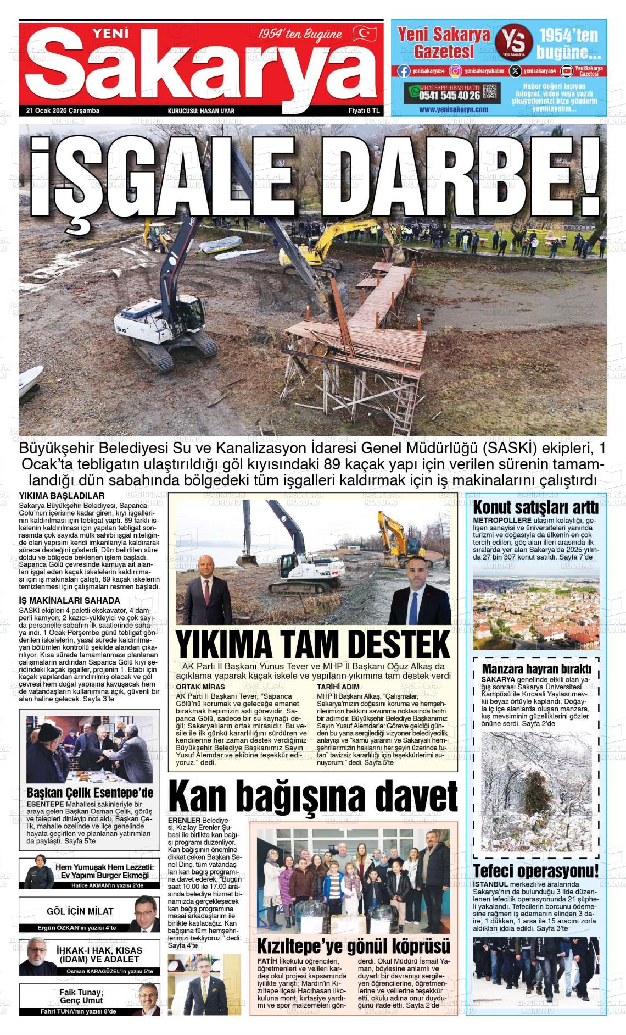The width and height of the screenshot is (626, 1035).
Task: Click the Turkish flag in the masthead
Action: [x=364, y=35]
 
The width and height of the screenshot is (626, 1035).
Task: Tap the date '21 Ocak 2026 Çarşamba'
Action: [x=63, y=110]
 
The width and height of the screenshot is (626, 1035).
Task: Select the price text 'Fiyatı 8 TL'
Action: [x=364, y=110]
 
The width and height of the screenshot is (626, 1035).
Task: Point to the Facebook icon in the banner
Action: [x=404, y=71]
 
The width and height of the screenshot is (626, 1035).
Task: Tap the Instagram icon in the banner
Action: [x=455, y=71]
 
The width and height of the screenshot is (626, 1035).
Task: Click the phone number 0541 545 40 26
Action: [x=449, y=96]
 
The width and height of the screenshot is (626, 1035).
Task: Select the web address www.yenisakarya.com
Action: [x=453, y=109]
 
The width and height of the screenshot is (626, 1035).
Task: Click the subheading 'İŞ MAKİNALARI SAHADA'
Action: [x=69, y=600]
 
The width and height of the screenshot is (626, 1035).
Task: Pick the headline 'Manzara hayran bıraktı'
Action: [x=536, y=669]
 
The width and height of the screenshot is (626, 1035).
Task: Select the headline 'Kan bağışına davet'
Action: [x=313, y=796]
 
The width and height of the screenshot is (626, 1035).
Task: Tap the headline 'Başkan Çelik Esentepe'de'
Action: [x=90, y=793]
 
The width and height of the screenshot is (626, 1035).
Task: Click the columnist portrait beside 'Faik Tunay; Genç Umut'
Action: [x=146, y=999]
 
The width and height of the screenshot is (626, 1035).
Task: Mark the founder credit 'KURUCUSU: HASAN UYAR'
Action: [x=201, y=111]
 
